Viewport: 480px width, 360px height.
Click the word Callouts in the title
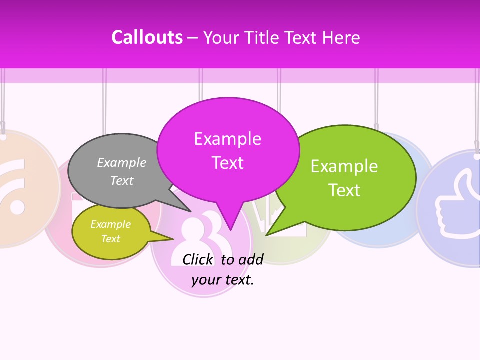point(147,37)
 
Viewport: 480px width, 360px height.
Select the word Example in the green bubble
point(344,166)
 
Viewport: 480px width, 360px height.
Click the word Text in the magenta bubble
point(228,163)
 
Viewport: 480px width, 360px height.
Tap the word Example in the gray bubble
point(122,162)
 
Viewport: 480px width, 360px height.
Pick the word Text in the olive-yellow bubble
point(111,239)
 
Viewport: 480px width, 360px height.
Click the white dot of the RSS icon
point(16,207)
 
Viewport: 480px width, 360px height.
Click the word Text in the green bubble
point(344,190)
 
